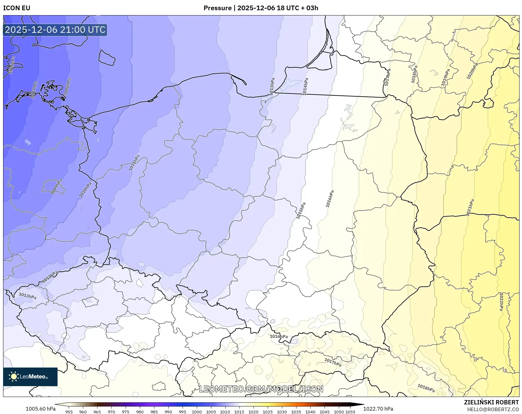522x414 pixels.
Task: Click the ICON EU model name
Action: point(17,8)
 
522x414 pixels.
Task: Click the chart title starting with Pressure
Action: point(261,8)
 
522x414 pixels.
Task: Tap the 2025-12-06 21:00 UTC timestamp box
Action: point(55,30)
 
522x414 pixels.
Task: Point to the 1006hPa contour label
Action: point(11,65)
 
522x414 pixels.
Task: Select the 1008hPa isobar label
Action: point(67,87)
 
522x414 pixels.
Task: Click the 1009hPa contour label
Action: point(57,187)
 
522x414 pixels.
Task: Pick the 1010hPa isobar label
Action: point(85,190)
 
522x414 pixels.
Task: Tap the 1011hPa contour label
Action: point(134,163)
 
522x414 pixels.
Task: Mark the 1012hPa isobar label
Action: point(50,277)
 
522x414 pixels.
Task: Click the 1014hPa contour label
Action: point(305,86)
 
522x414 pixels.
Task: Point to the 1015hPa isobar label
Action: point(301,211)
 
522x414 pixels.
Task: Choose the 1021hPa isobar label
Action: point(470,207)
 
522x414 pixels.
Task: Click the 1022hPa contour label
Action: point(501,302)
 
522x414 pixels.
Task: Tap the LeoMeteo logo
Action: point(30,377)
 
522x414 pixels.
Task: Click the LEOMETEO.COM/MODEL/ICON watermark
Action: point(261,389)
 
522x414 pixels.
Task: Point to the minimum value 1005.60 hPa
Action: point(41,409)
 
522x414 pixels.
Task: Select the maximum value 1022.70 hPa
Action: point(378,409)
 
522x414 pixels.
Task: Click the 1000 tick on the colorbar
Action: point(197,412)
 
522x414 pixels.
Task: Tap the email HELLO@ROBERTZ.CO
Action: point(493,409)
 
